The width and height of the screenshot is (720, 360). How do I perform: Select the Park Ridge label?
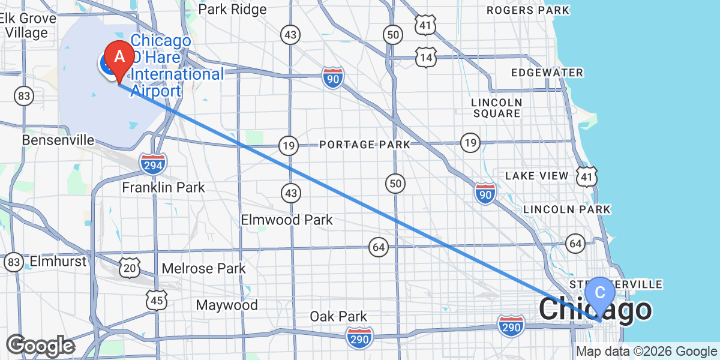tap(232, 10)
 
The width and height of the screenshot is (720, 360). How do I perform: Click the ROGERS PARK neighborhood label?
tap(527, 10)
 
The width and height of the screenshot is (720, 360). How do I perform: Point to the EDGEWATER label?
tap(547, 73)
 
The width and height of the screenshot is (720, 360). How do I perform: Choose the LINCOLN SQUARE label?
tap(496, 108)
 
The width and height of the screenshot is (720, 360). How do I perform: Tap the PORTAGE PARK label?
tap(364, 145)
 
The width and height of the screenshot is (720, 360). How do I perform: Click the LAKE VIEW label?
tap(536, 176)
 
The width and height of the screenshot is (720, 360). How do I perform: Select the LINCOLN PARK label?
tap(567, 209)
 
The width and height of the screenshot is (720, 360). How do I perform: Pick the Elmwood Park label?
tap(287, 220)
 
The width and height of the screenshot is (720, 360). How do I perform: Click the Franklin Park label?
tap(163, 188)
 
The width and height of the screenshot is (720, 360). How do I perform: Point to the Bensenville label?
tap(58, 140)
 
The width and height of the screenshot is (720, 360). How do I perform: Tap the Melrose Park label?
tap(204, 268)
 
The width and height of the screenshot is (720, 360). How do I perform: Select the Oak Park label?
tap(338, 316)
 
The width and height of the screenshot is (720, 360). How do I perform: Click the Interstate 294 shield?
tap(153, 163)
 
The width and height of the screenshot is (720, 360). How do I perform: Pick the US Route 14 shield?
tap(426, 58)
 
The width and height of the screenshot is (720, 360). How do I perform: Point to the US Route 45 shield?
tap(157, 300)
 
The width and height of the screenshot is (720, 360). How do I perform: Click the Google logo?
tap(41, 346)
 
